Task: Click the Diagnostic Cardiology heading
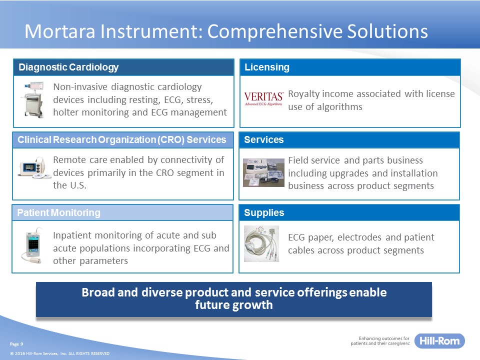(68, 67)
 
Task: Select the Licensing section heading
(266, 67)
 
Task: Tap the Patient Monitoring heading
(59, 212)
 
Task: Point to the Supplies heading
(264, 212)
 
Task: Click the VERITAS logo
(263, 98)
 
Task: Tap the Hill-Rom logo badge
(439, 340)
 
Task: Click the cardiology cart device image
(33, 99)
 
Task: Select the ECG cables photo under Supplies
(261, 243)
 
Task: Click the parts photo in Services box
(263, 172)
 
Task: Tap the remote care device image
(33, 168)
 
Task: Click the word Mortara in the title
(60, 31)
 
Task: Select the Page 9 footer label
(16, 344)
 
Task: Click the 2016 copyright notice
(59, 353)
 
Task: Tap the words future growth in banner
(234, 305)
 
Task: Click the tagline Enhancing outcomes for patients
(380, 340)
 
